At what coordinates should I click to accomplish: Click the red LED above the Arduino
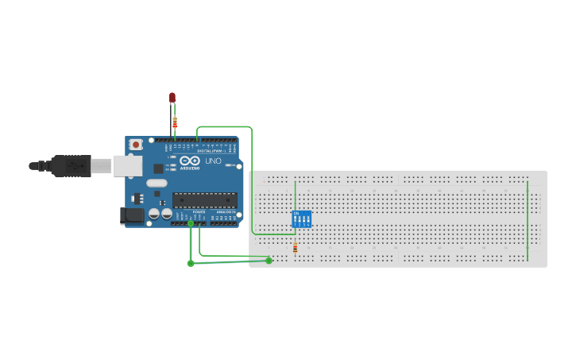pos(172,97)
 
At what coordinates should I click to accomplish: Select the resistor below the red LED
pos(175,122)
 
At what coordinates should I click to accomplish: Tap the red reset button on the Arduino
pos(136,145)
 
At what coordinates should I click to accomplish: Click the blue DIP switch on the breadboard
pos(301,219)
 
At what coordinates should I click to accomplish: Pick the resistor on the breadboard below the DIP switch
pos(295,249)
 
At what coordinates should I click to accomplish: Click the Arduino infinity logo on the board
pos(189,161)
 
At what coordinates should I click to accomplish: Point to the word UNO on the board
pos(213,161)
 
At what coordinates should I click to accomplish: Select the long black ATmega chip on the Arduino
pos(204,200)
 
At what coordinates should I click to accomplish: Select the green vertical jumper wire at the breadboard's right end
pos(528,220)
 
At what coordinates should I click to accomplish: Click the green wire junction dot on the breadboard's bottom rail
pos(269,260)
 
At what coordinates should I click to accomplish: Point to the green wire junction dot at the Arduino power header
pos(191,223)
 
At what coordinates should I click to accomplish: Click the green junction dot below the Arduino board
pos(191,263)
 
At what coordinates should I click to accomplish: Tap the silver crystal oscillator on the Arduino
pos(157,183)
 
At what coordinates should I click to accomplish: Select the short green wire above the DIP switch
pos(295,195)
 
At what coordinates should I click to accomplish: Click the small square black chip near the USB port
pos(158,168)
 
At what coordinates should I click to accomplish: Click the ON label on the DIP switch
pos(296,213)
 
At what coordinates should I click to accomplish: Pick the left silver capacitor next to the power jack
pos(154,214)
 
